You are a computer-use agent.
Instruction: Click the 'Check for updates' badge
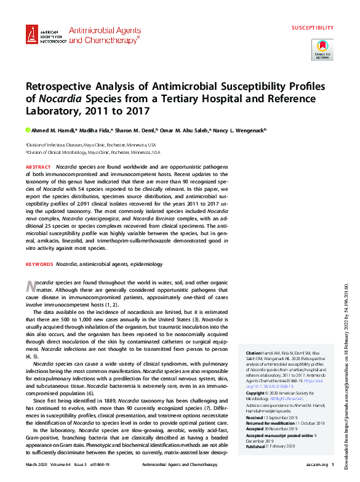point(323,49)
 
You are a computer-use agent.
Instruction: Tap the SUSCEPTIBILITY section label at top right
point(312,28)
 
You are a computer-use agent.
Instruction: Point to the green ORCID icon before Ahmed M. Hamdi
point(28,130)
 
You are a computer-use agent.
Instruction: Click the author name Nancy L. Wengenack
point(239,130)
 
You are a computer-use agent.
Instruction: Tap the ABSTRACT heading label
point(38,167)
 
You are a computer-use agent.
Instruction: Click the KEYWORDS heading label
point(39,264)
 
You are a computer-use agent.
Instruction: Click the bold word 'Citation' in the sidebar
point(254,353)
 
